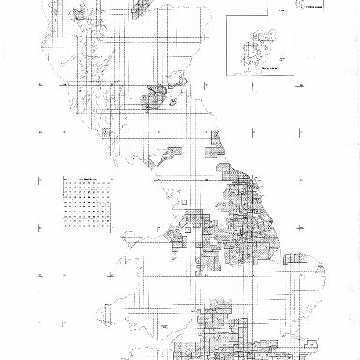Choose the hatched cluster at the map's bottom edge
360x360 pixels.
point(225,337)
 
